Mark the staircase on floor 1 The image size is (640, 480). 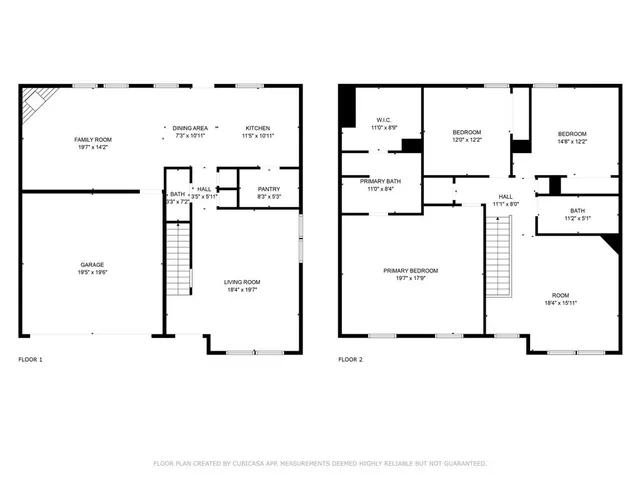pos(177,259)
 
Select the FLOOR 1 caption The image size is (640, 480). pos(31,359)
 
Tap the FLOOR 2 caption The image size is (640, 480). pos(350,359)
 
